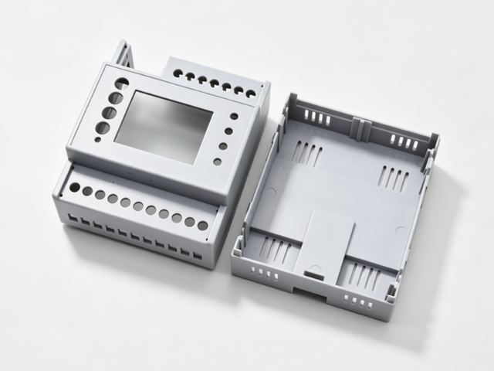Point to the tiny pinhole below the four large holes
[96, 140]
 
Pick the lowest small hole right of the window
[218, 162]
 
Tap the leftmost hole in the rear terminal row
[178, 75]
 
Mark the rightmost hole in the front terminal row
[202, 226]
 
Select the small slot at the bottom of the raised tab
[314, 273]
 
